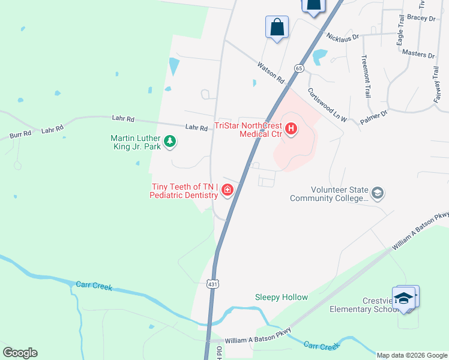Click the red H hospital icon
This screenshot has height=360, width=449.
coord(291,129)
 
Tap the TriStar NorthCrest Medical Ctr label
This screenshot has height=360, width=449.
coord(249,130)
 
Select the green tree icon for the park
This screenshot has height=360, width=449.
coord(171,142)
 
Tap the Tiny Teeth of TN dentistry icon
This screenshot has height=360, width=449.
coord(228,191)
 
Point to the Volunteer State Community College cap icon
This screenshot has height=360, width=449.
coord(378,193)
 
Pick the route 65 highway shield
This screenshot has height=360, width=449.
coord(298,68)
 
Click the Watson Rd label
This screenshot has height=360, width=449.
coord(270,71)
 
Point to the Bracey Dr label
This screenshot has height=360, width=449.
coord(421,19)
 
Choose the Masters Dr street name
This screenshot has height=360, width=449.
coord(418,54)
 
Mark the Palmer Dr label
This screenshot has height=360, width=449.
coord(374,116)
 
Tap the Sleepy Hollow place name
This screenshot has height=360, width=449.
coord(281,297)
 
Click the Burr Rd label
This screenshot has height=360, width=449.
coord(20,134)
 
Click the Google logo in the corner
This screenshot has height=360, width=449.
coord(20,352)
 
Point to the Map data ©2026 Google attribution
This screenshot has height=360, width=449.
coord(411,355)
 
